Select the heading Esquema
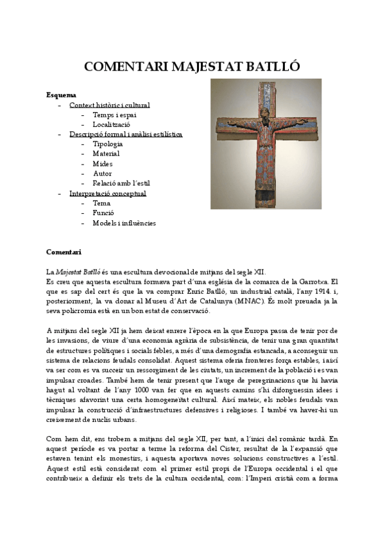coord(61,95)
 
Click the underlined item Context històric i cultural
coord(109,105)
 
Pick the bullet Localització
coord(111,124)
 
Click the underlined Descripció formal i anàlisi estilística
coord(126,134)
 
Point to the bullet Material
coord(106,154)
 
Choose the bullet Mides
coord(102,164)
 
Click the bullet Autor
coord(102,174)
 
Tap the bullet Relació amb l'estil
coord(119,184)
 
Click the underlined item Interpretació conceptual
coord(107,193)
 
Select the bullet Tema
coord(101,203)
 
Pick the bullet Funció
coord(103,213)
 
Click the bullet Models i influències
coord(124,223)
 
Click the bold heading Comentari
coord(64,252)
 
